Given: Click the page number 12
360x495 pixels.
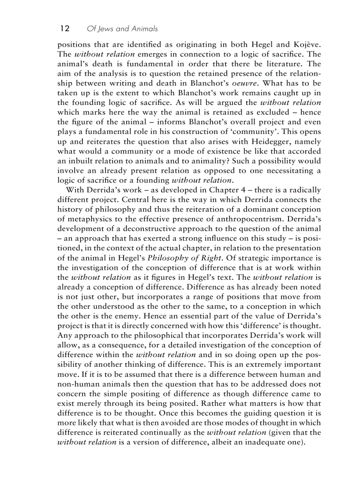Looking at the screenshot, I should click(x=64, y=29).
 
